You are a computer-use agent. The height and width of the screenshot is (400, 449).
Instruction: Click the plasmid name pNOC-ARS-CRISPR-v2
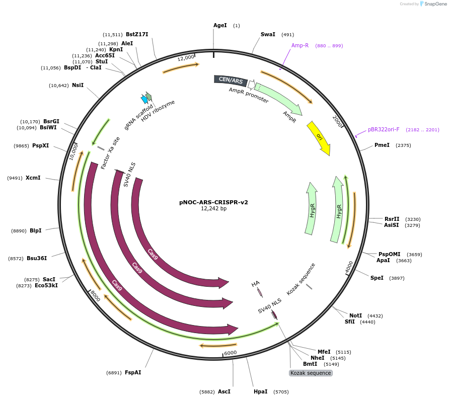(x=213, y=202)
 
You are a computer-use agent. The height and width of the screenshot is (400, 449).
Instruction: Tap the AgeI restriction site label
(x=220, y=25)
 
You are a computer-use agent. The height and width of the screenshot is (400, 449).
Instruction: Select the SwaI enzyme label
(x=268, y=35)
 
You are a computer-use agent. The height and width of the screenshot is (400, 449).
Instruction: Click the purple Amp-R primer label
(x=300, y=45)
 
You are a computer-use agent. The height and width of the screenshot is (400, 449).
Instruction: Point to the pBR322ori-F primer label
(x=384, y=129)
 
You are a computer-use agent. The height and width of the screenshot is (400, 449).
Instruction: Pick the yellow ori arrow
(x=319, y=137)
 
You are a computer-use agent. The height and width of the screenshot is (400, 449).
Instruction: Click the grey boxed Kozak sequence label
(x=311, y=373)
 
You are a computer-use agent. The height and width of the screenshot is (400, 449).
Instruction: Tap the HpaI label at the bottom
(x=261, y=391)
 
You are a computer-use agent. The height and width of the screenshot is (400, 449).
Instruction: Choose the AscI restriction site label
(x=224, y=391)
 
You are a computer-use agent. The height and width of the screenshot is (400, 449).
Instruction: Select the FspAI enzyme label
(x=133, y=373)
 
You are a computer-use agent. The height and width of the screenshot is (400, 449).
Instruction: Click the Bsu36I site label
(x=37, y=258)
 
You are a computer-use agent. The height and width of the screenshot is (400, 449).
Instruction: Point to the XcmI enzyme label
(x=33, y=178)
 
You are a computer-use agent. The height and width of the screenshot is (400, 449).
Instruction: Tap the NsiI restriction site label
(x=78, y=86)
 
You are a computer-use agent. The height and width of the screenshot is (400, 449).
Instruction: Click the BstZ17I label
(x=137, y=35)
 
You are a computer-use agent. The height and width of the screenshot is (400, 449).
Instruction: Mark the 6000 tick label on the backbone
(x=231, y=353)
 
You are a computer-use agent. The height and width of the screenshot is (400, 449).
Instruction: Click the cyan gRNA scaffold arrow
(x=144, y=100)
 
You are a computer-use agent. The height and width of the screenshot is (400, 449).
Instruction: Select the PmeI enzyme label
(x=382, y=145)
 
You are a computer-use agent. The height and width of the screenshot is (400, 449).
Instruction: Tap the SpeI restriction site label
(x=377, y=278)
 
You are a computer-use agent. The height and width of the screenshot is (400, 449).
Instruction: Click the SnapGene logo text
(x=435, y=4)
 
